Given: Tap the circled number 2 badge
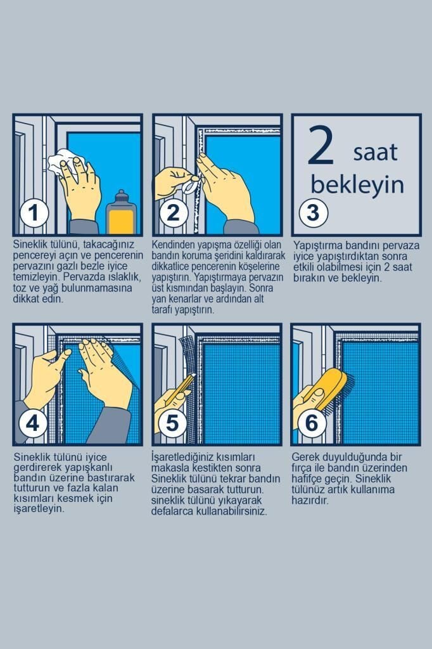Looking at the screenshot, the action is (x=174, y=213).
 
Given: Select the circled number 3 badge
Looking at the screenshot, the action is (x=314, y=213).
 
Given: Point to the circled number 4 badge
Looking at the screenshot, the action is (x=33, y=423).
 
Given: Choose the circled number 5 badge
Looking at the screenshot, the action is (x=172, y=423).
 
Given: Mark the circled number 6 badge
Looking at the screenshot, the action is (x=312, y=423).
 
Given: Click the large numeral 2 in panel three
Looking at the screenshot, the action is (x=321, y=145).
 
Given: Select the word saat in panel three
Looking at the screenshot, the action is (x=376, y=152).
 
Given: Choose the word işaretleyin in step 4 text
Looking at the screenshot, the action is (x=39, y=509).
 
